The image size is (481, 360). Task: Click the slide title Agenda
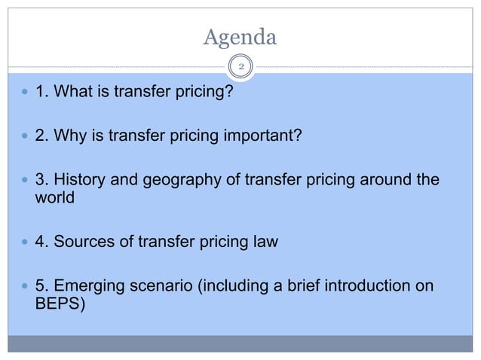tap(240, 36)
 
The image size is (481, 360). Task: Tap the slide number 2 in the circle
tap(240, 67)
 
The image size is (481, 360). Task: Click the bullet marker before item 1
tap(26, 95)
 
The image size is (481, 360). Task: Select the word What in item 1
tap(69, 95)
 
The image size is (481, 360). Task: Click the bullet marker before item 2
tap(26, 136)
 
